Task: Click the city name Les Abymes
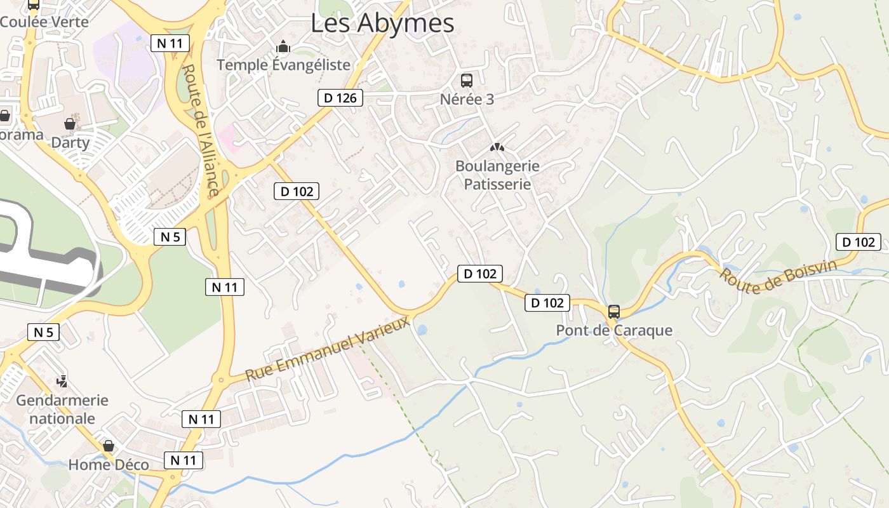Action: tap(382, 23)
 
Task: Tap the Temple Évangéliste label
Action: tap(283, 65)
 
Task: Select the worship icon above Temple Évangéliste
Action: tap(283, 46)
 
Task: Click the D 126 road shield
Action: tap(340, 98)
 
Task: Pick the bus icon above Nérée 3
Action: tap(467, 81)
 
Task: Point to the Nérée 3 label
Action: tap(467, 100)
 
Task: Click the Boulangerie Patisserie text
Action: tap(497, 175)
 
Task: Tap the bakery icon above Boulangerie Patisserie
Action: tap(497, 147)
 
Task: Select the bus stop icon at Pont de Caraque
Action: tap(614, 312)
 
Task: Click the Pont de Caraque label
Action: tap(614, 331)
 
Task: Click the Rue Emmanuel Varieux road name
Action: tap(328, 351)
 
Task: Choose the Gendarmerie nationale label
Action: tap(62, 410)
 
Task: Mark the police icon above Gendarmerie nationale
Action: tap(62, 381)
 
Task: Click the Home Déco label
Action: tap(109, 465)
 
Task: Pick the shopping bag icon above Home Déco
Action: tap(109, 446)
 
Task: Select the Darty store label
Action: tap(70, 142)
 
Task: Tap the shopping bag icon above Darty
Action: tap(70, 124)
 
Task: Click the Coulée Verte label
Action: tap(44, 22)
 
